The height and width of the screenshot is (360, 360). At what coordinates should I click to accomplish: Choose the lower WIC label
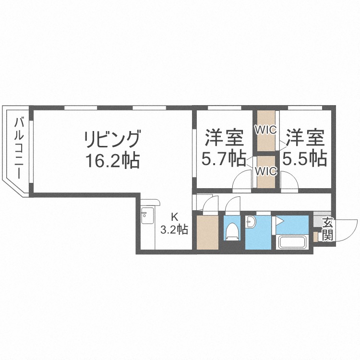point(265,171)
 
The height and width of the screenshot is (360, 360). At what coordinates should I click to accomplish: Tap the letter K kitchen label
point(174,216)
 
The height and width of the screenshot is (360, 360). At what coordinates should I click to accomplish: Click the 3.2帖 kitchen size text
point(174,229)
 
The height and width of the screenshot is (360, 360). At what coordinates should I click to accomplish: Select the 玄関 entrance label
point(328,229)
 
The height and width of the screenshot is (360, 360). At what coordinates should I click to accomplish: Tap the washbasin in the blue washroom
point(252,222)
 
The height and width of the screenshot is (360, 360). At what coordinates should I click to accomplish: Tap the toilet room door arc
point(232,204)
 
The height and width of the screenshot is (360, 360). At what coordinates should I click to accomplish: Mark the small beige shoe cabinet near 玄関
point(315,236)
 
